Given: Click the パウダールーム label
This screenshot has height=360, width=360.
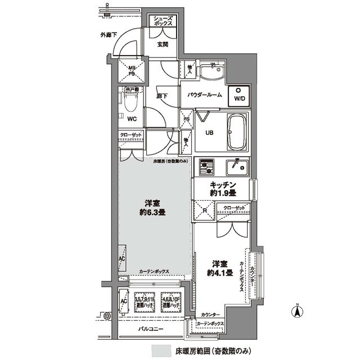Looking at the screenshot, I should pyautogui.click(x=204, y=96).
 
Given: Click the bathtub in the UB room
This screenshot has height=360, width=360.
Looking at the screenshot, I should pyautogui.click(x=236, y=133).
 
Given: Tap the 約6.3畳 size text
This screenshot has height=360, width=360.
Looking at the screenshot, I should pyautogui.click(x=154, y=213).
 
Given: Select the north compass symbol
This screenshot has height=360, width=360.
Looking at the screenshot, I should pyautogui.click(x=297, y=309).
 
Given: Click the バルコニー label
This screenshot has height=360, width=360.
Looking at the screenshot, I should pyautogui.click(x=151, y=328).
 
